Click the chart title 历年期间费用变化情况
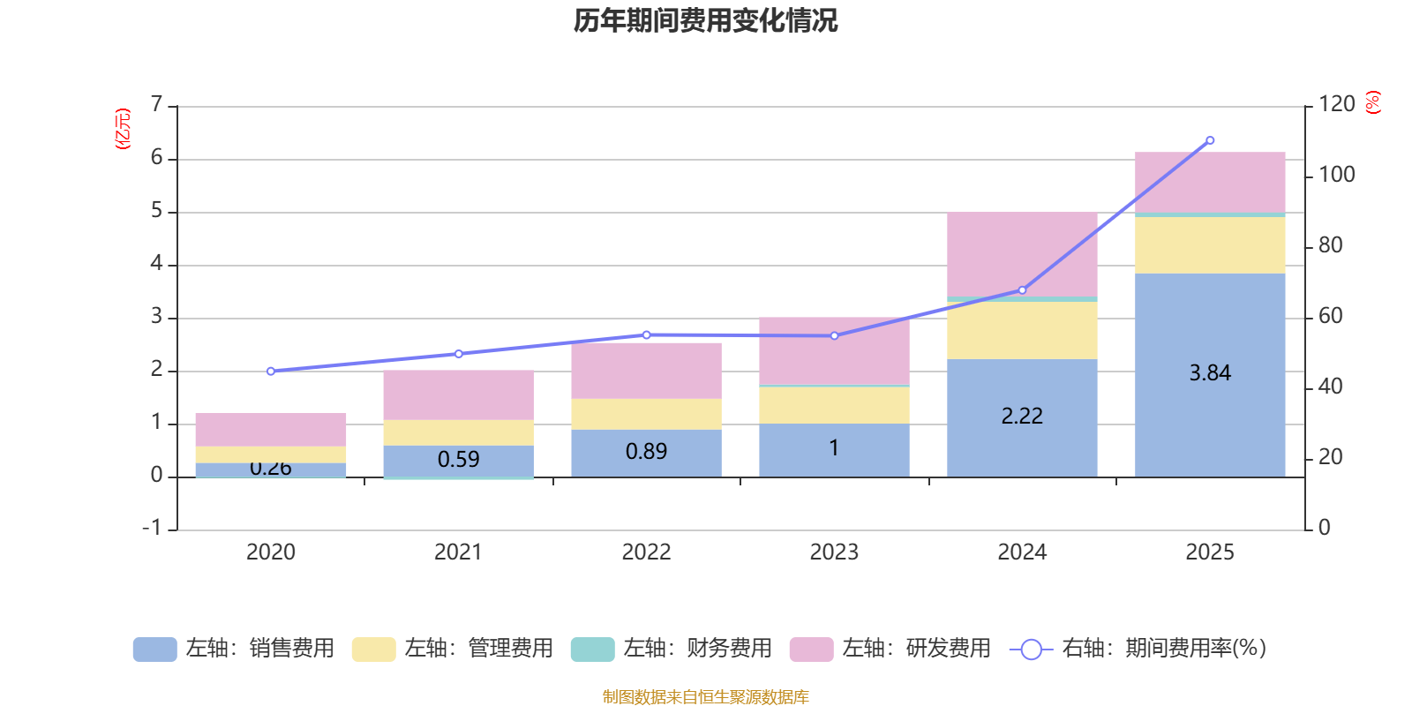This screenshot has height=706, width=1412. [x=705, y=20]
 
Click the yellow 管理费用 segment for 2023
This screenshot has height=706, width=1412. [x=834, y=405]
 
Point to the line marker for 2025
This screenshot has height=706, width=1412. [x=1210, y=140]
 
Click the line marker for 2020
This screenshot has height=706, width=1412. [x=271, y=372]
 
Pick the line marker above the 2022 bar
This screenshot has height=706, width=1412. [x=647, y=335]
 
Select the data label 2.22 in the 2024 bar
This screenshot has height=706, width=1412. [x=1022, y=416]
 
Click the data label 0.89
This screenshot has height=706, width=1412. [x=646, y=452]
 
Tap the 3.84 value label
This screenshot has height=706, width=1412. [x=1210, y=373]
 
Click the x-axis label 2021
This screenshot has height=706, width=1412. [x=458, y=552]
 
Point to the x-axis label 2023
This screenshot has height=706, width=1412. [x=834, y=552]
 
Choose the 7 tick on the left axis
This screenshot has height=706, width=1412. [x=157, y=105]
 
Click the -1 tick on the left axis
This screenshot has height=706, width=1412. [x=153, y=528]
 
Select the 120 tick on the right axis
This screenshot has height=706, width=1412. [x=1336, y=105]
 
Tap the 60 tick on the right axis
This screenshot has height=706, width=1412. [x=1330, y=316]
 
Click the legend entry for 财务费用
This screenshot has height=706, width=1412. [x=672, y=649]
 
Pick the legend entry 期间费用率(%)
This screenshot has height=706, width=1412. [x=1138, y=649]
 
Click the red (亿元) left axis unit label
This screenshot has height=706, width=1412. [x=123, y=129]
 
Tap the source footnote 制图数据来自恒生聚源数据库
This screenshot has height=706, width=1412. [x=705, y=697]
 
